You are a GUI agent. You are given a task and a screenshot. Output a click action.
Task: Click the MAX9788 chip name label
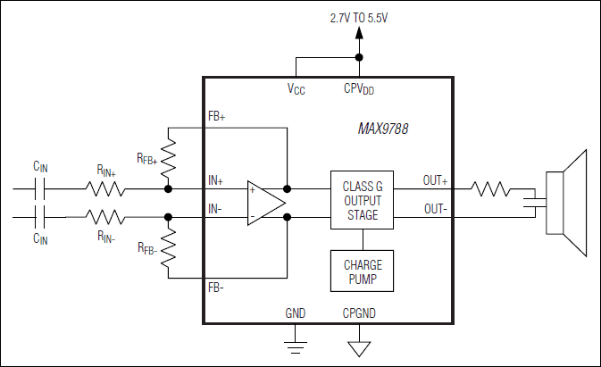[x=377, y=129]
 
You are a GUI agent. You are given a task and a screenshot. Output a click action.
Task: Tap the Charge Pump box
[x=362, y=271]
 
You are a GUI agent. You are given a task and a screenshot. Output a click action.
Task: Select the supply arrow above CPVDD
[x=360, y=36]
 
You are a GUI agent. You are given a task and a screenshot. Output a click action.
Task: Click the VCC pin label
[x=296, y=89]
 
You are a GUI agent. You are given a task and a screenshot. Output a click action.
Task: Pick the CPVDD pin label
[x=359, y=89]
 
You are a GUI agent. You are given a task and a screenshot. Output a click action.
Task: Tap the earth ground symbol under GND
[x=296, y=343]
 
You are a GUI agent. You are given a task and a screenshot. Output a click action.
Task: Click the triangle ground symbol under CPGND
[x=360, y=346]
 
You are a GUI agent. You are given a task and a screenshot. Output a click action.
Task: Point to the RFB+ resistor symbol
[x=168, y=158]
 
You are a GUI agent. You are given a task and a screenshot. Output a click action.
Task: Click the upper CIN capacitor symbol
[x=41, y=188]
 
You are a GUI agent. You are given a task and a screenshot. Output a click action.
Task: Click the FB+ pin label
[x=216, y=117]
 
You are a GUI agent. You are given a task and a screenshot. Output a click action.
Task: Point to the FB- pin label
[x=216, y=288]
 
